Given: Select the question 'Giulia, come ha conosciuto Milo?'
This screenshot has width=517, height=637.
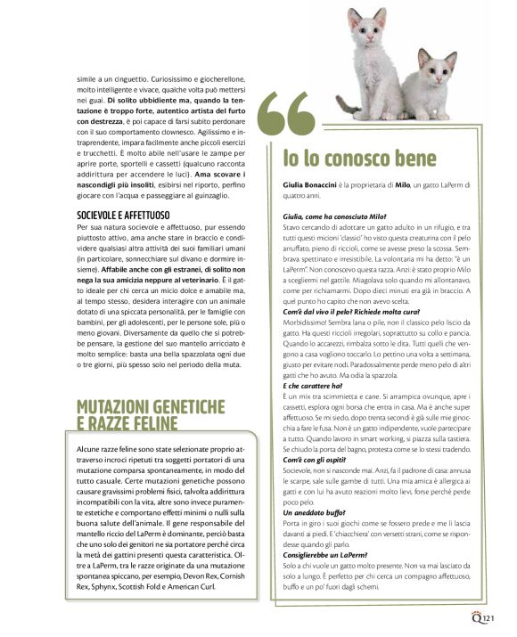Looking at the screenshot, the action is coord(330,216).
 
